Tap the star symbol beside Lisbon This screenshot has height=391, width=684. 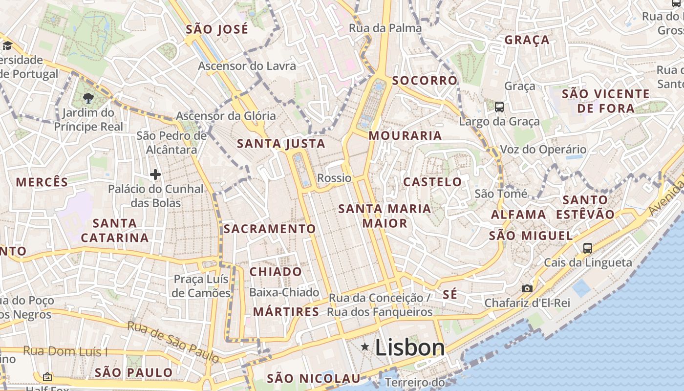click(x=364, y=347)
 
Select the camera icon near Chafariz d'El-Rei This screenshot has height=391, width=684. click(x=527, y=288)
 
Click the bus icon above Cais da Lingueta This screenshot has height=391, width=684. click(x=587, y=248)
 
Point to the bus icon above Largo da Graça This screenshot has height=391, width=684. click(x=499, y=107)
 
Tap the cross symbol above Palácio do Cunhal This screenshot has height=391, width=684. click(x=155, y=174)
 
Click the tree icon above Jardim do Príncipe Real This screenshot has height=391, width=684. click(x=88, y=98)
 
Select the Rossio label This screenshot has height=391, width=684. click(x=334, y=178)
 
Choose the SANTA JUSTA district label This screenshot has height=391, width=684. click(x=281, y=143)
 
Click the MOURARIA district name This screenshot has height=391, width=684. click(x=405, y=135)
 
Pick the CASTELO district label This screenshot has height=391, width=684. click(x=432, y=182)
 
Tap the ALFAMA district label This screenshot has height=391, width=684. click(x=518, y=214)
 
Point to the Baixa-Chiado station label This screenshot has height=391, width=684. click(x=284, y=292)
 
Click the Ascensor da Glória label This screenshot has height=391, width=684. click(x=226, y=116)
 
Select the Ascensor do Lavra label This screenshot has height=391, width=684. click(x=247, y=65)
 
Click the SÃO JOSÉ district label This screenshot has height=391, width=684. click(x=217, y=29)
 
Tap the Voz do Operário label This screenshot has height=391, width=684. click(x=543, y=150)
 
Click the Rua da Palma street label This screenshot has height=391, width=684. click(x=385, y=28)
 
